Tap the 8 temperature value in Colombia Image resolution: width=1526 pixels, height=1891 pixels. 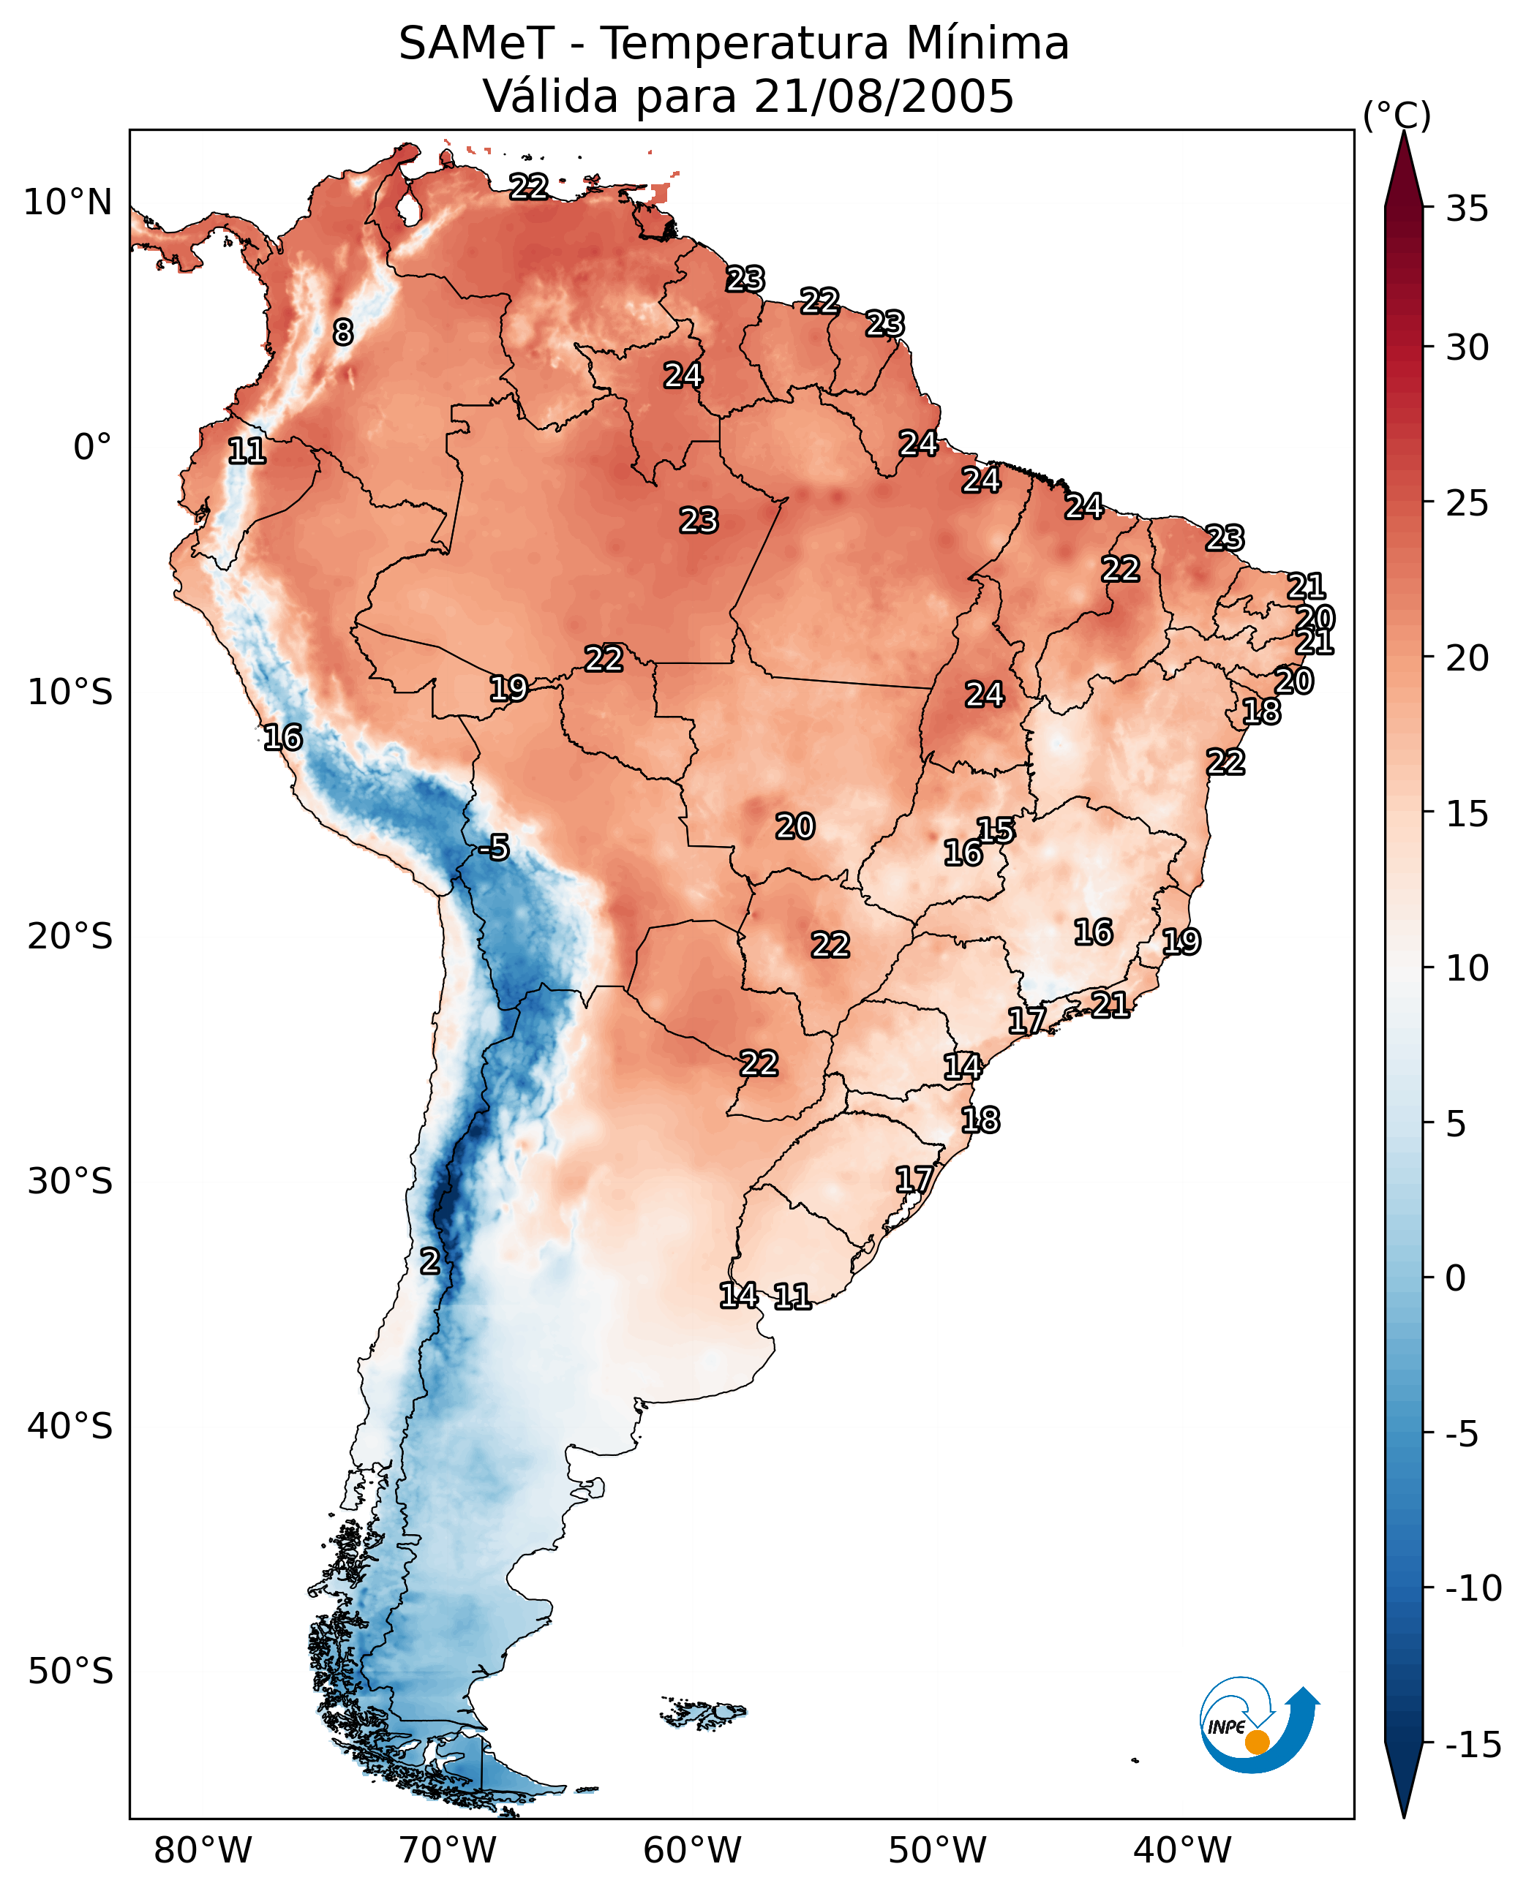point(343,332)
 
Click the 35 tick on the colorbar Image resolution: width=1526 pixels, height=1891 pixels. point(1467,209)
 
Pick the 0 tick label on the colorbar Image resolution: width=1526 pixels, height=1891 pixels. point(1456,1278)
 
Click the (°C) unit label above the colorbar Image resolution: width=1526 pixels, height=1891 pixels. point(1397,115)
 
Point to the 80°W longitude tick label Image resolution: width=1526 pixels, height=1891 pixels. point(203,1851)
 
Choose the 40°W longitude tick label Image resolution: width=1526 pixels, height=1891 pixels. point(1182,1851)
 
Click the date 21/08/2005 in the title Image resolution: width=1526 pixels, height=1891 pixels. point(884,96)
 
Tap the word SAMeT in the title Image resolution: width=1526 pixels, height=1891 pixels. point(476,43)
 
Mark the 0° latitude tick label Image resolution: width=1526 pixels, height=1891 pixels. point(92,448)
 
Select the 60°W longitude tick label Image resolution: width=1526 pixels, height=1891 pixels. point(693,1851)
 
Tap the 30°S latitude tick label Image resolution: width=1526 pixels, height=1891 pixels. point(70,1182)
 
